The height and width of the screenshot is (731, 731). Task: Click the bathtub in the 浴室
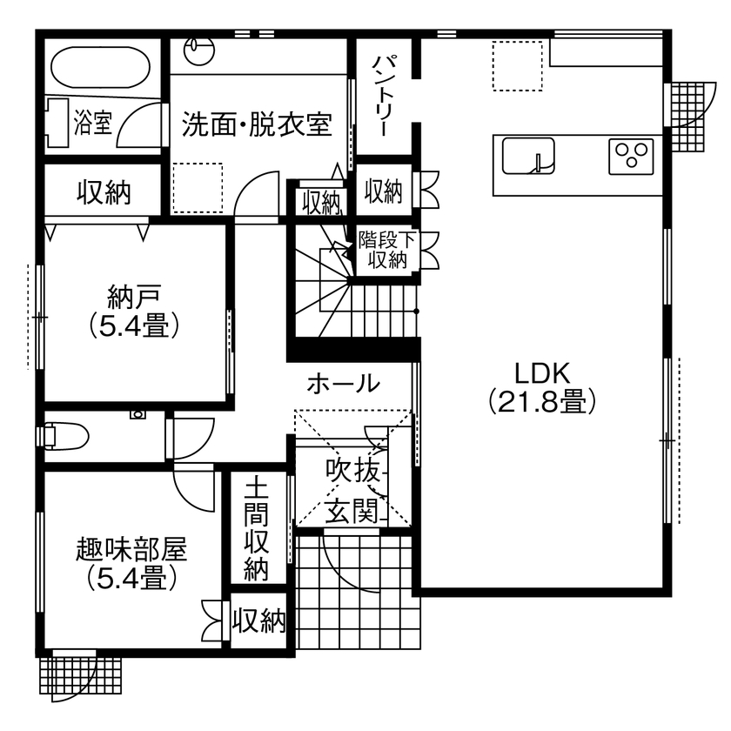(x=102, y=65)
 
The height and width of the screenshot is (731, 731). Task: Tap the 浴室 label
(x=93, y=122)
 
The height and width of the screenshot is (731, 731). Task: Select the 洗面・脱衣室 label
(x=257, y=124)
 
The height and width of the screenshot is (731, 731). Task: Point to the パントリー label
(x=385, y=94)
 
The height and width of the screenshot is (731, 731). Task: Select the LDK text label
(x=541, y=374)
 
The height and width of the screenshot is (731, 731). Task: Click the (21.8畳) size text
(x=541, y=401)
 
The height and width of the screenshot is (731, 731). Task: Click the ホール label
(x=343, y=383)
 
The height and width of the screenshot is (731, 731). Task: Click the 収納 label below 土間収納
(x=259, y=621)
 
